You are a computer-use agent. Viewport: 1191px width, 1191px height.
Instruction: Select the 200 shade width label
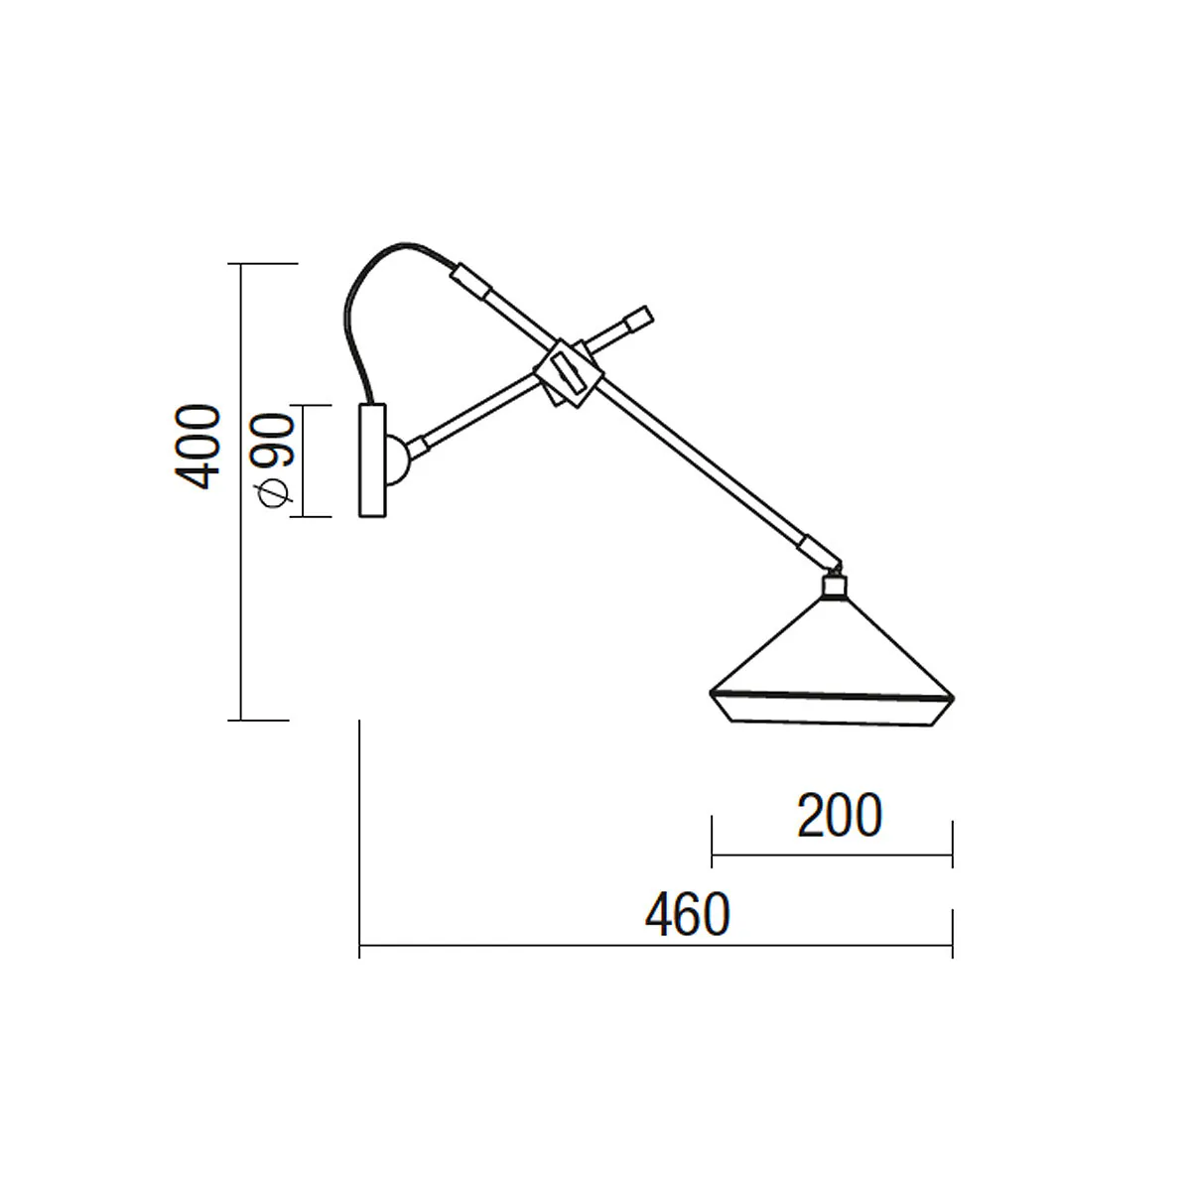point(840,816)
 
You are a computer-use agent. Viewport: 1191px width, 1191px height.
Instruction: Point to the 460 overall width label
point(687,915)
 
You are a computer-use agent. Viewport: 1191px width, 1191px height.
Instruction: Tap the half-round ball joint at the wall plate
point(397,460)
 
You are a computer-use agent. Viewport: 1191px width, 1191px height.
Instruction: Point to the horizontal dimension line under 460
point(655,949)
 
